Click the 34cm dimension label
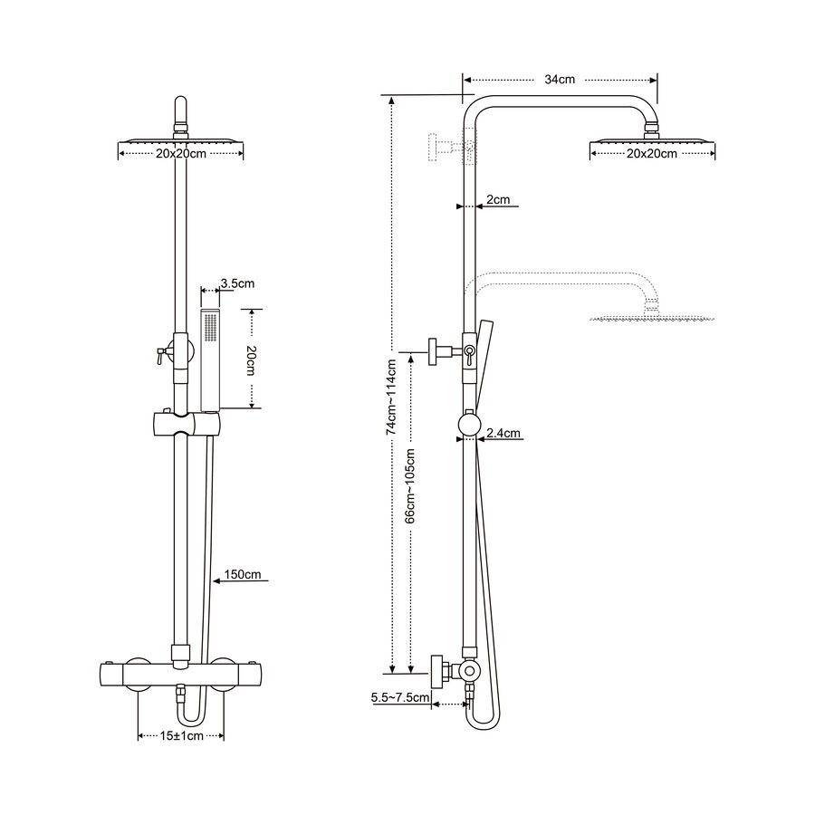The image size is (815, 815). click(x=560, y=80)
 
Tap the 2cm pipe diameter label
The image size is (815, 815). click(x=497, y=198)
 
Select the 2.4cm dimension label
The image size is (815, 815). click(x=503, y=434)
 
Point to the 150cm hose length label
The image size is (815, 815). click(x=243, y=574)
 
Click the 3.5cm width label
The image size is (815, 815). click(x=237, y=283)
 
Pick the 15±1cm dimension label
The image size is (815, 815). click(x=180, y=736)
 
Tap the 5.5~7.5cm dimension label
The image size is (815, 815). click(x=399, y=697)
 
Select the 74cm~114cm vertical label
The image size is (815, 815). click(x=391, y=398)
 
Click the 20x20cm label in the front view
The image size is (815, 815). click(x=181, y=154)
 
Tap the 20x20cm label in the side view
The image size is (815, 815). click(x=652, y=154)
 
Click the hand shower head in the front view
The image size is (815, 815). click(x=210, y=358)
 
